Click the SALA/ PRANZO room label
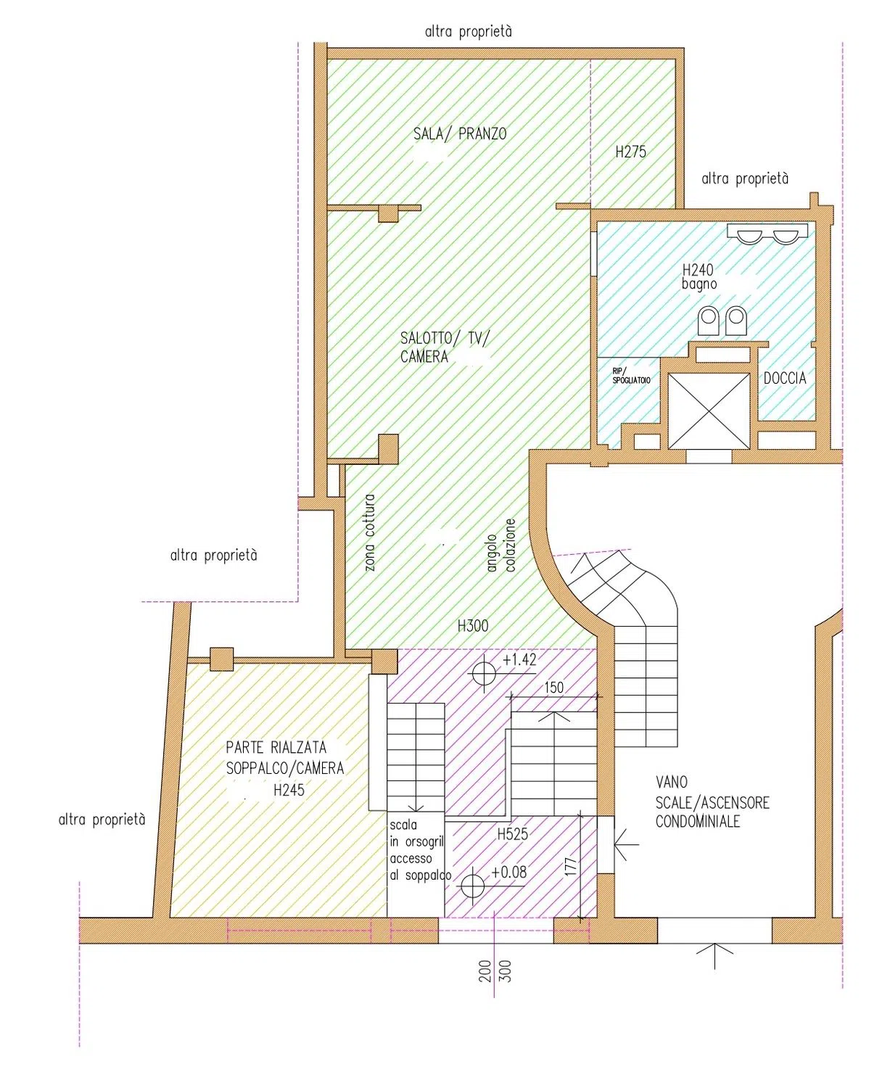(460, 134)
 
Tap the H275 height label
(630, 152)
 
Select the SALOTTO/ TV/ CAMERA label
(445, 347)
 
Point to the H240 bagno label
(699, 276)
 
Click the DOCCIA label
(785, 378)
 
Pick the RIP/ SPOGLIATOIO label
(631, 376)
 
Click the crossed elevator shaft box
(709, 411)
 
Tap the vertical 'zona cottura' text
(370, 532)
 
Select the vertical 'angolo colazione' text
(501, 545)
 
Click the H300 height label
(473, 626)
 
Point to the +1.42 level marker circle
(484, 673)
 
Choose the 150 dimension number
(553, 687)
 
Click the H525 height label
(512, 834)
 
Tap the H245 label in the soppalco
(289, 790)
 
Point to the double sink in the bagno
(767, 233)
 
